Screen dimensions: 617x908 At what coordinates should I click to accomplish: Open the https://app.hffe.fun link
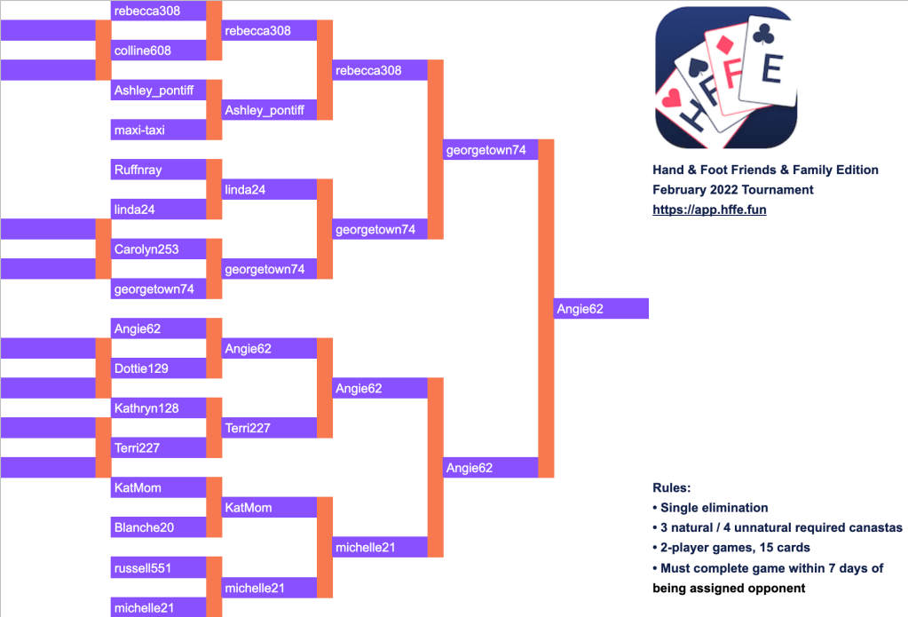click(709, 210)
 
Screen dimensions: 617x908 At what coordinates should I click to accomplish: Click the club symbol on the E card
click(763, 34)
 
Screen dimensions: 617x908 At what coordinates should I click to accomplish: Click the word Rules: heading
click(671, 488)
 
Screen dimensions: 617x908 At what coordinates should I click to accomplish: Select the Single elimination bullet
click(714, 508)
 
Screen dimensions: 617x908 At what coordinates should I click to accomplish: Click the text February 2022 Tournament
click(732, 190)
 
